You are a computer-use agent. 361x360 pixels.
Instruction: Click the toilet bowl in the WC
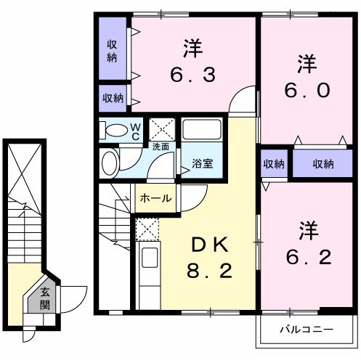pyautogui.click(x=117, y=131)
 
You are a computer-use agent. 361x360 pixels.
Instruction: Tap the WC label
pyautogui.click(x=136, y=132)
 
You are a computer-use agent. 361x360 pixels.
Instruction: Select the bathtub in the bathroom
pyautogui.click(x=202, y=130)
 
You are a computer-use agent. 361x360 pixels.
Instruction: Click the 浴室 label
pyautogui.click(x=202, y=163)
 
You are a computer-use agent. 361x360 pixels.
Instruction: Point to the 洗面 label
pyautogui.click(x=161, y=147)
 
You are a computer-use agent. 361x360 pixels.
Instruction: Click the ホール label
pyautogui.click(x=156, y=198)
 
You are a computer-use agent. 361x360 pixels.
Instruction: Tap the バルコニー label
pyautogui.click(x=307, y=330)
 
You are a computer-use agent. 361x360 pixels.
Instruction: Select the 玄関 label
pyautogui.click(x=45, y=298)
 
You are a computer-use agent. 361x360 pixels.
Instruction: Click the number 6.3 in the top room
pyautogui.click(x=192, y=75)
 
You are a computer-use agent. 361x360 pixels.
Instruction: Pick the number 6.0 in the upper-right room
pyautogui.click(x=307, y=90)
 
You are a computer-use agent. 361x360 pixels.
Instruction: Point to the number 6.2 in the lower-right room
pyautogui.click(x=308, y=258)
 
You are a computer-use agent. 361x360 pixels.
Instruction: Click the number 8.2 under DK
pyautogui.click(x=210, y=271)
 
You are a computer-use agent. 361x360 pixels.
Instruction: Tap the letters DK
pyautogui.click(x=210, y=245)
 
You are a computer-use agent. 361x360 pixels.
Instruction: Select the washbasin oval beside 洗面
pyautogui.click(x=109, y=163)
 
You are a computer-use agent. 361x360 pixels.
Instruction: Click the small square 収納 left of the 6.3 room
pyautogui.click(x=113, y=98)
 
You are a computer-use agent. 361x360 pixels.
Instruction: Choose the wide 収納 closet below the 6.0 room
pyautogui.click(x=323, y=163)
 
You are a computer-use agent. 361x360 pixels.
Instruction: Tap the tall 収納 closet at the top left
pyautogui.click(x=113, y=49)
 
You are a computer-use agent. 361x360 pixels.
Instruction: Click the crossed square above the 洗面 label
pyautogui.click(x=162, y=129)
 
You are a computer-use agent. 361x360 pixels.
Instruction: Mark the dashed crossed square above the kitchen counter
pyautogui.click(x=147, y=229)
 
